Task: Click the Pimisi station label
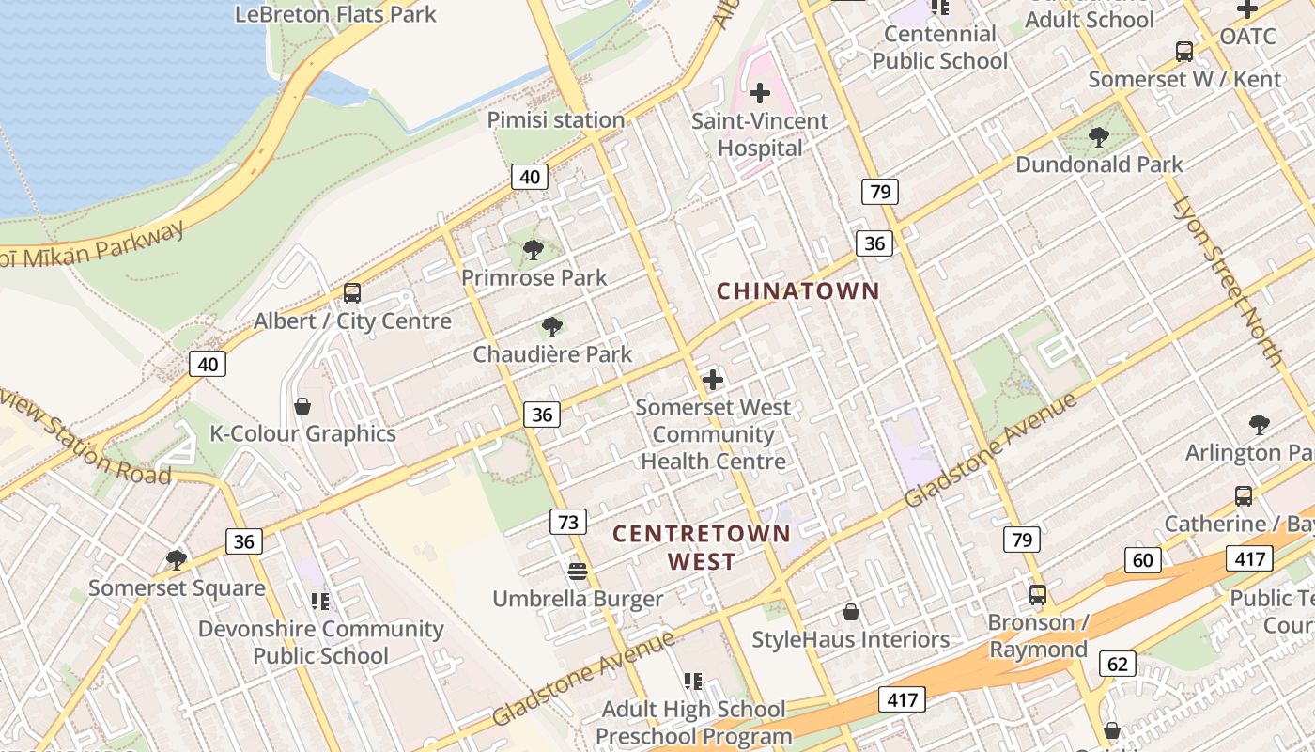[555, 120]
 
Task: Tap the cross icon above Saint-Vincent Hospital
[760, 93]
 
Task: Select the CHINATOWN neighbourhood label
[798, 291]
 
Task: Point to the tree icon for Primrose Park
[534, 250]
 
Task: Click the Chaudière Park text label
[552, 354]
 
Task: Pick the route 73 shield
[567, 522]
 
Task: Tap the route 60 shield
[1143, 561]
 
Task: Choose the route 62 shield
[1117, 665]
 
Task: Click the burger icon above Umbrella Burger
[578, 571]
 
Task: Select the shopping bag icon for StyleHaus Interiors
[851, 612]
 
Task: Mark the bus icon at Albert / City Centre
[352, 292]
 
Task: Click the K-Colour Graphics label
[302, 433]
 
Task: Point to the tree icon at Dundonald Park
[1098, 137]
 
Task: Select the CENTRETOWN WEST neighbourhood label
[702, 547]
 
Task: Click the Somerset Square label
[177, 588]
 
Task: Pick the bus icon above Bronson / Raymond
[1038, 594]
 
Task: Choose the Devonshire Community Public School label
[320, 642]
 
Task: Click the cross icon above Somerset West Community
[713, 380]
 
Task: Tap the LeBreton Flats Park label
[335, 14]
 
